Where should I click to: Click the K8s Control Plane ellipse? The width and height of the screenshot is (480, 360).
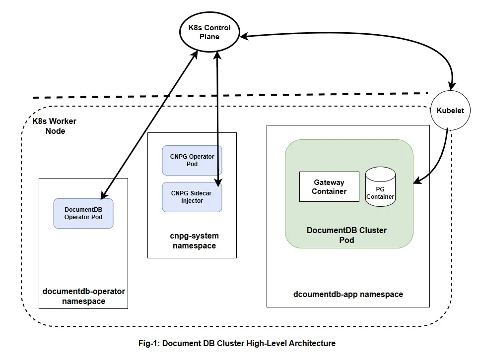point(209,32)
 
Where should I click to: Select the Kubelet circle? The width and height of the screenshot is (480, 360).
point(450,111)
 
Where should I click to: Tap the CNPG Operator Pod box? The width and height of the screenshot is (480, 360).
point(192,160)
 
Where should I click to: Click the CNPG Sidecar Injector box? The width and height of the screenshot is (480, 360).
point(192,197)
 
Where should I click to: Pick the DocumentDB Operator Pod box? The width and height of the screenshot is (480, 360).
point(83,213)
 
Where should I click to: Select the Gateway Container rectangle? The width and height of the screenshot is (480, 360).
point(329,187)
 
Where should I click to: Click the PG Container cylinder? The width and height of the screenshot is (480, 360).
point(380,187)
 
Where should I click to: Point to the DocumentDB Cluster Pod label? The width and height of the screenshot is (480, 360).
point(346,235)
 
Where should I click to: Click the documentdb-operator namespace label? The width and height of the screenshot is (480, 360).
point(83,296)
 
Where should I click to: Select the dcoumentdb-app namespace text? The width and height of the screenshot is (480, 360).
point(348,294)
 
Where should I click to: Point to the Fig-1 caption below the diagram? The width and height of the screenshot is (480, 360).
point(237,343)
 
